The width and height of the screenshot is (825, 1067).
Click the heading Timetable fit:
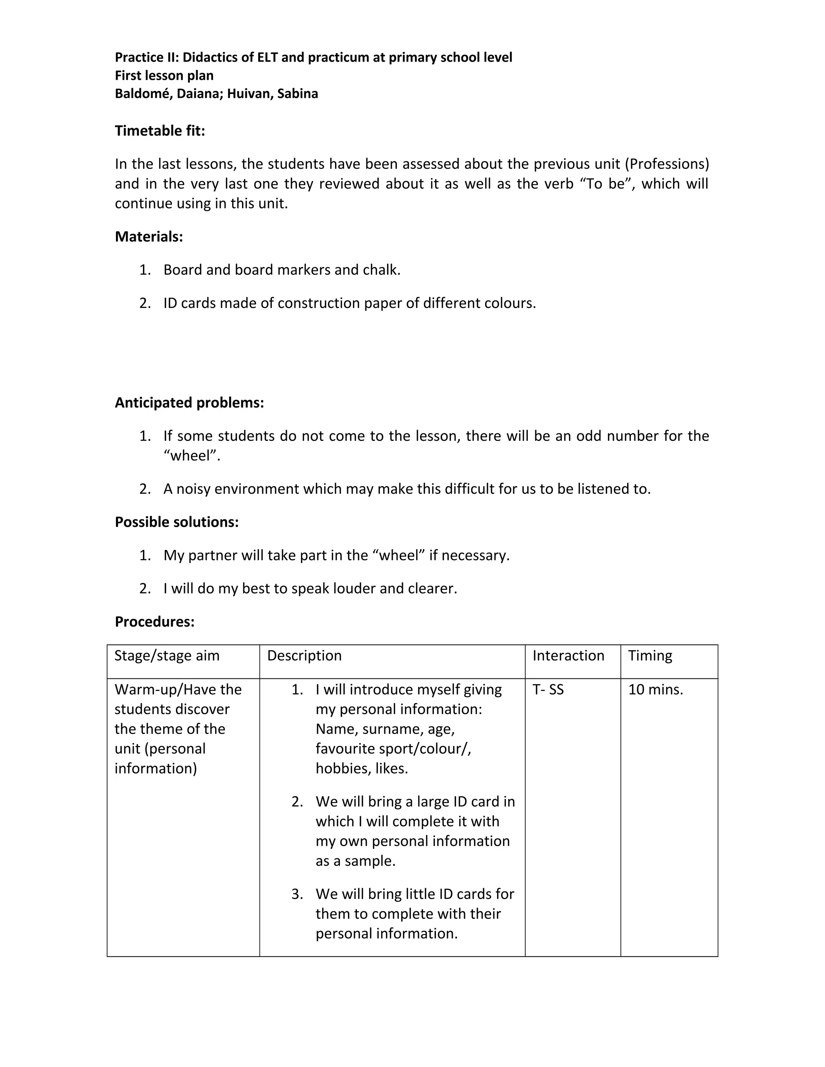160,131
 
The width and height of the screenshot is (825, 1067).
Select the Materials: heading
149,237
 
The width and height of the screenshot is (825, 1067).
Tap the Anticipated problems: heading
189,403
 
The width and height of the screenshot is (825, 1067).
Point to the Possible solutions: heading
176,522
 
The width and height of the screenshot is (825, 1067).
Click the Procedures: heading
154,622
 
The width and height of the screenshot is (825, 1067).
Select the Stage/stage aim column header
167,656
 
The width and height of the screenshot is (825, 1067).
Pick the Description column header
304,656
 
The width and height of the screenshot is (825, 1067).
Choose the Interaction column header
568,656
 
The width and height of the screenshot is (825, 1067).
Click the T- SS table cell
548,690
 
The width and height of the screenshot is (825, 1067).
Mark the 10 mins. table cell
655,690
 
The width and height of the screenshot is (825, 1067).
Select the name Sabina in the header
297,94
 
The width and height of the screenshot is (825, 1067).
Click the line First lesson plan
164,76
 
